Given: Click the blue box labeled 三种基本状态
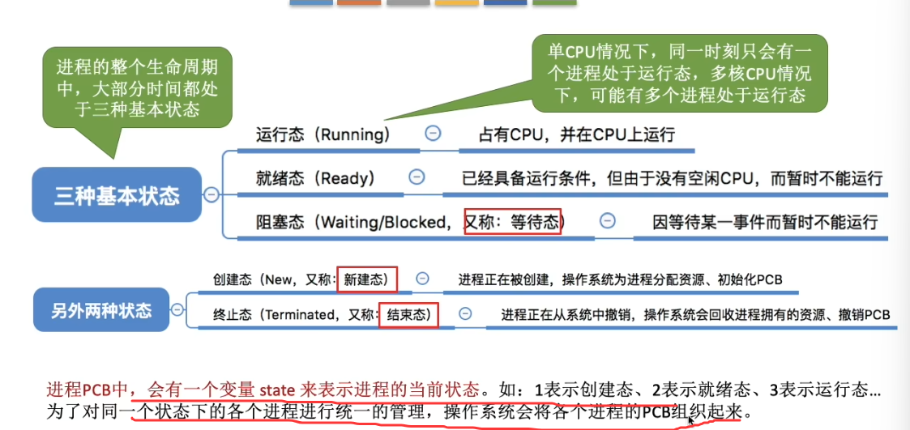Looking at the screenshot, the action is (x=117, y=195).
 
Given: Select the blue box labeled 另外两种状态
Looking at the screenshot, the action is (x=102, y=310).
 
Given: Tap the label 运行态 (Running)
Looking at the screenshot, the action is (x=323, y=134).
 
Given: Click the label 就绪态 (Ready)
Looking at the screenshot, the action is (x=314, y=177).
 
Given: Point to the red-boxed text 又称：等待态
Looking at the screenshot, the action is (x=514, y=221).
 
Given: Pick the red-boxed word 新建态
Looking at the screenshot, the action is (x=367, y=279).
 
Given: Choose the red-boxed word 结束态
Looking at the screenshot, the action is (x=408, y=314).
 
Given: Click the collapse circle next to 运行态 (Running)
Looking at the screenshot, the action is (x=433, y=134).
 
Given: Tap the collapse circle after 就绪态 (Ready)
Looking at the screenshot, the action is (x=417, y=177).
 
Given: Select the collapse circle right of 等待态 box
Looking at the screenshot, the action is (x=606, y=220).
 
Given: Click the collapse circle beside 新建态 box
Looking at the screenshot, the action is (x=422, y=279).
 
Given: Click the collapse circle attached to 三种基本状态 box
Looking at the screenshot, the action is (x=211, y=194).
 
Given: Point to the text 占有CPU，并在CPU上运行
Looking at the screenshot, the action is (x=577, y=134).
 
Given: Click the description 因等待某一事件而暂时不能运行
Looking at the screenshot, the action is (x=766, y=221).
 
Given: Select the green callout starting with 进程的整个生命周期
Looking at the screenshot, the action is (x=136, y=88).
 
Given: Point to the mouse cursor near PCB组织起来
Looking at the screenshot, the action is (x=690, y=420).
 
